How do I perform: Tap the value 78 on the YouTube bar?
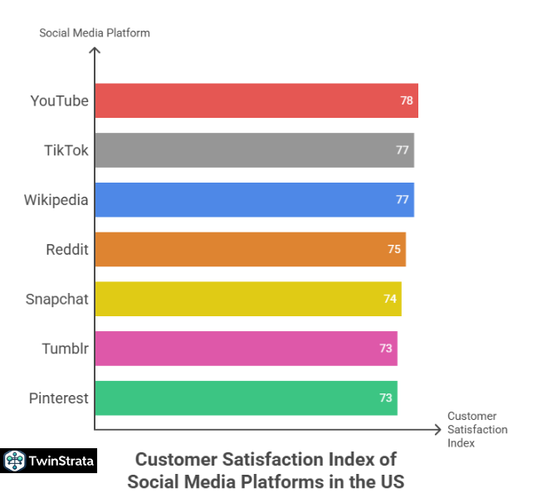(407, 100)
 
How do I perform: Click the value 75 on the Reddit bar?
(394, 249)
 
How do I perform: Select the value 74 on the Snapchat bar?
(390, 299)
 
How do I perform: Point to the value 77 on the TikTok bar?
(403, 150)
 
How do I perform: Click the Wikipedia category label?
(56, 200)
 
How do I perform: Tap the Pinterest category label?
(58, 398)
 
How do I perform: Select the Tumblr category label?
(65, 349)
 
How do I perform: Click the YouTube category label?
(59, 101)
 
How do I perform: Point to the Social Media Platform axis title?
(95, 32)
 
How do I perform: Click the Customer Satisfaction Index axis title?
(477, 429)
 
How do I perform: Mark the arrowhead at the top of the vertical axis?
(95, 51)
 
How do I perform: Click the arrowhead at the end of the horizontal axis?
(437, 429)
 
